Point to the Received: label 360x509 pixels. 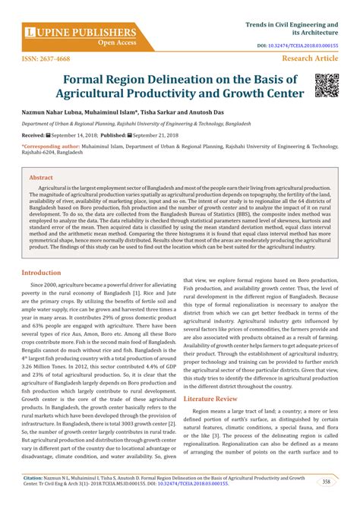[x=33, y=134]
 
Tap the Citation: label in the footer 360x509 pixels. [x=37, y=479]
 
